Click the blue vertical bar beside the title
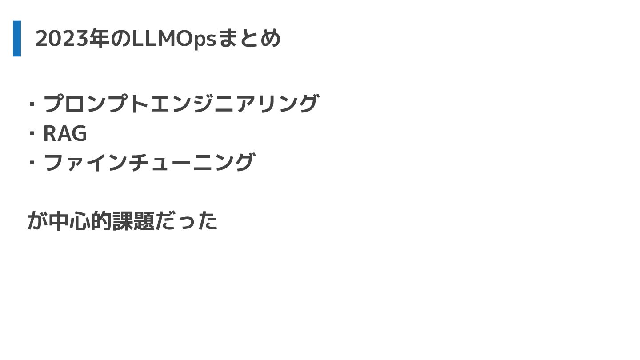tap(17, 39)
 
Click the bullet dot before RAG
tap(32, 134)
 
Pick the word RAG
tap(65, 133)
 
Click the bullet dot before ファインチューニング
tap(32, 163)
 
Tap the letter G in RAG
tap(78, 133)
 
